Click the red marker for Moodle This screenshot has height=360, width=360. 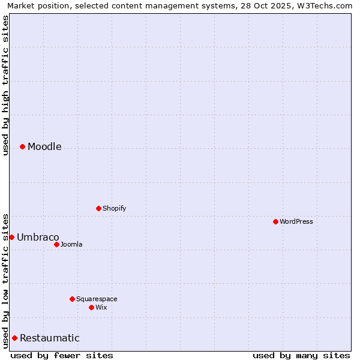tap(22, 146)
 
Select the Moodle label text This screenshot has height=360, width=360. tap(44, 147)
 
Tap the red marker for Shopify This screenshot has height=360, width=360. tap(98, 208)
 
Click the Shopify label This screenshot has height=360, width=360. tap(114, 209)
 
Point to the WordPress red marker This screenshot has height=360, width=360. tap(275, 221)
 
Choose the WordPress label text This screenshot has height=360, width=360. tap(296, 222)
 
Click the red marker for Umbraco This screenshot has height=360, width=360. tap(11, 237)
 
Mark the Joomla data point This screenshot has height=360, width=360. tap(56, 244)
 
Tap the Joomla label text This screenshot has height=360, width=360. tap(71, 245)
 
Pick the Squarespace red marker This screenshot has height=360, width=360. tap(72, 299)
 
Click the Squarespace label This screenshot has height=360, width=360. tap(97, 299)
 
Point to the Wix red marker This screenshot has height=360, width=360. tap(91, 307)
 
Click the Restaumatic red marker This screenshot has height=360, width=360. tap(14, 338)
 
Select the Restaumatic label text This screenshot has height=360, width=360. tap(49, 338)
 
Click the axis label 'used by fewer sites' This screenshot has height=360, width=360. tap(62, 355)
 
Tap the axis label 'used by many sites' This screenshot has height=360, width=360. tap(301, 355)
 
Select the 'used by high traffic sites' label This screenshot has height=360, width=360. tap(5, 85)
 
